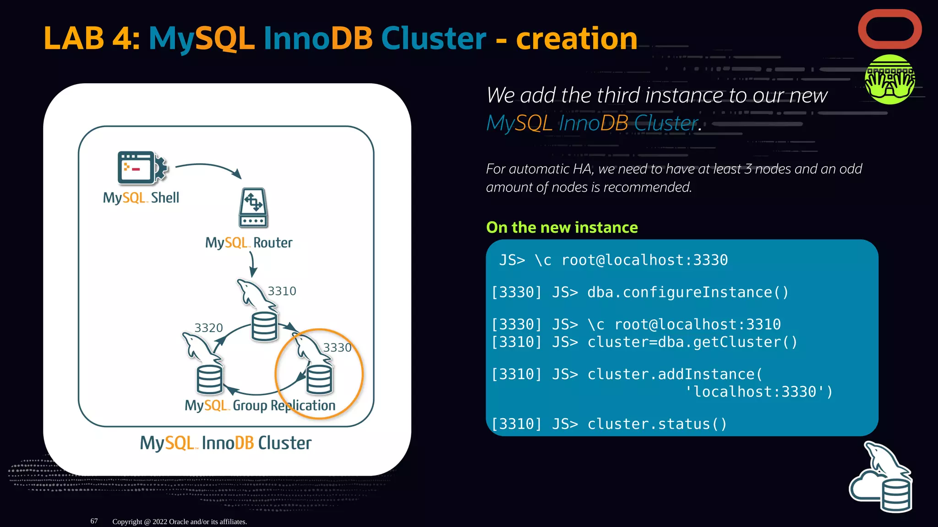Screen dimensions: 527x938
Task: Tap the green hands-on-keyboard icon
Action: click(889, 80)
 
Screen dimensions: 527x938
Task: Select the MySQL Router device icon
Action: click(253, 208)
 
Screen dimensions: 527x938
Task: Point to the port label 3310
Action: click(282, 291)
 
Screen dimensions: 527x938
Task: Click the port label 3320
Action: click(208, 328)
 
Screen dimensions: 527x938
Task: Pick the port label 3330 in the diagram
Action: click(337, 348)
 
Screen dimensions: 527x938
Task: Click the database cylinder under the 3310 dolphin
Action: click(264, 327)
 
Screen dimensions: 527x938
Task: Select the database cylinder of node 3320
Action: click(209, 380)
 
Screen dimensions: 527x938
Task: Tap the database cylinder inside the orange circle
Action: click(319, 380)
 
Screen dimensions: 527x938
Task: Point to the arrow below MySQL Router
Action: click(252, 264)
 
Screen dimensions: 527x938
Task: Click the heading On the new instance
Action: click(562, 227)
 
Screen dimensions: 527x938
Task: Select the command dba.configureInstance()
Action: click(687, 292)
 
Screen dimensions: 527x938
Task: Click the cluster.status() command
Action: click(657, 424)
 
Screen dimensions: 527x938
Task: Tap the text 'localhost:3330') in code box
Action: click(758, 392)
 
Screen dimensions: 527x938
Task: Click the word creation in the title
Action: click(577, 38)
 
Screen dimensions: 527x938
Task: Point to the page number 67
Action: click(94, 521)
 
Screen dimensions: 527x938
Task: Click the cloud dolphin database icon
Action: click(881, 479)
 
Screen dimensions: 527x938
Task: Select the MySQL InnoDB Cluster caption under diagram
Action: click(225, 443)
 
